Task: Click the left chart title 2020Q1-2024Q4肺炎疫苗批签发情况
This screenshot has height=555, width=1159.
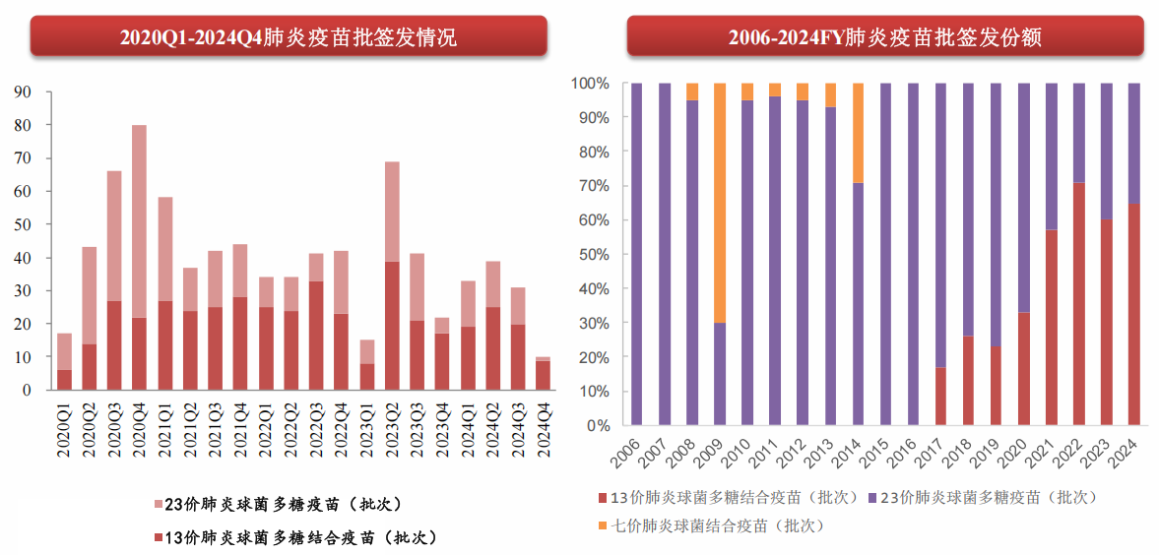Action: pos(289,37)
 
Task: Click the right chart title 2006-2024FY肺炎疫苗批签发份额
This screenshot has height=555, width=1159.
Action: pos(885,37)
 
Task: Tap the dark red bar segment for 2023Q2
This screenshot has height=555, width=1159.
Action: pos(392,326)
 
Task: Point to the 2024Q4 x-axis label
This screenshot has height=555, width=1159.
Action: pos(543,431)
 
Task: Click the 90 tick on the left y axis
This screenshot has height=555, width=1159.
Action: pos(23,92)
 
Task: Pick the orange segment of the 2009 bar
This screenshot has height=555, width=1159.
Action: pos(720,203)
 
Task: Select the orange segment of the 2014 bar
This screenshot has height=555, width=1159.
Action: pos(858,133)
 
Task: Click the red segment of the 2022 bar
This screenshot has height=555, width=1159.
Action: pos(1078,304)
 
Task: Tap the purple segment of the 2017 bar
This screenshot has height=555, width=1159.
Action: pos(940,225)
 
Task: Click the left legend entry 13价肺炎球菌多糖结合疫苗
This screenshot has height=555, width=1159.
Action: pos(295,537)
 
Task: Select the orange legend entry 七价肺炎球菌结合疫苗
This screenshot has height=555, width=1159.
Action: pos(716,525)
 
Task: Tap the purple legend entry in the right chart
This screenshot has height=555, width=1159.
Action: pos(986,497)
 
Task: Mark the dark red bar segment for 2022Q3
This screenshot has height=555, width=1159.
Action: pos(316,336)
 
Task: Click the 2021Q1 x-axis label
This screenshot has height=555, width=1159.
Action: pos(164,431)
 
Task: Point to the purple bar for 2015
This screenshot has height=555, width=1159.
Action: pos(885,255)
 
